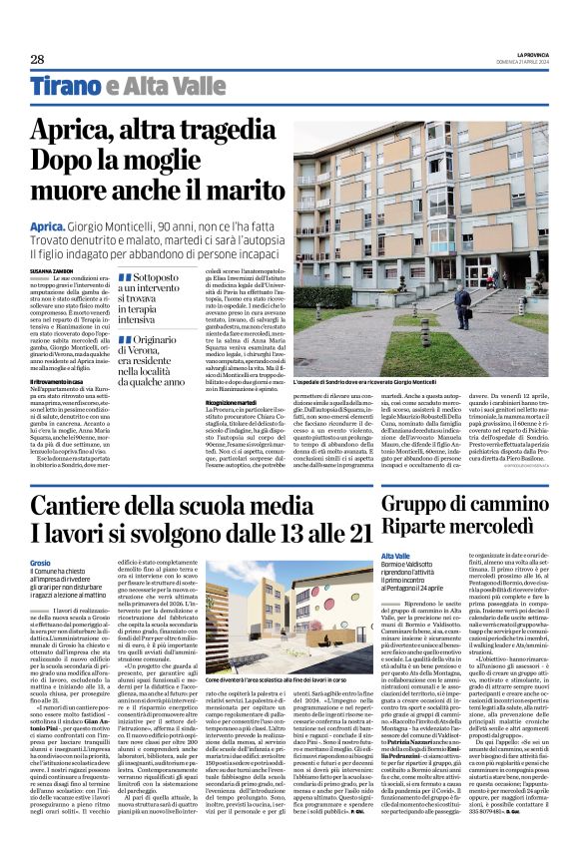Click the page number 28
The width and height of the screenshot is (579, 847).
coord(37,60)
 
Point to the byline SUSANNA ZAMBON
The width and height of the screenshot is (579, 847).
coord(52,270)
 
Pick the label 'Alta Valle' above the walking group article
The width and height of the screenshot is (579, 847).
coord(396,556)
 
